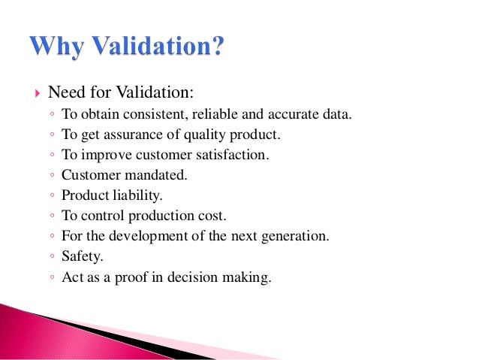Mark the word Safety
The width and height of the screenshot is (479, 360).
(81, 257)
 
